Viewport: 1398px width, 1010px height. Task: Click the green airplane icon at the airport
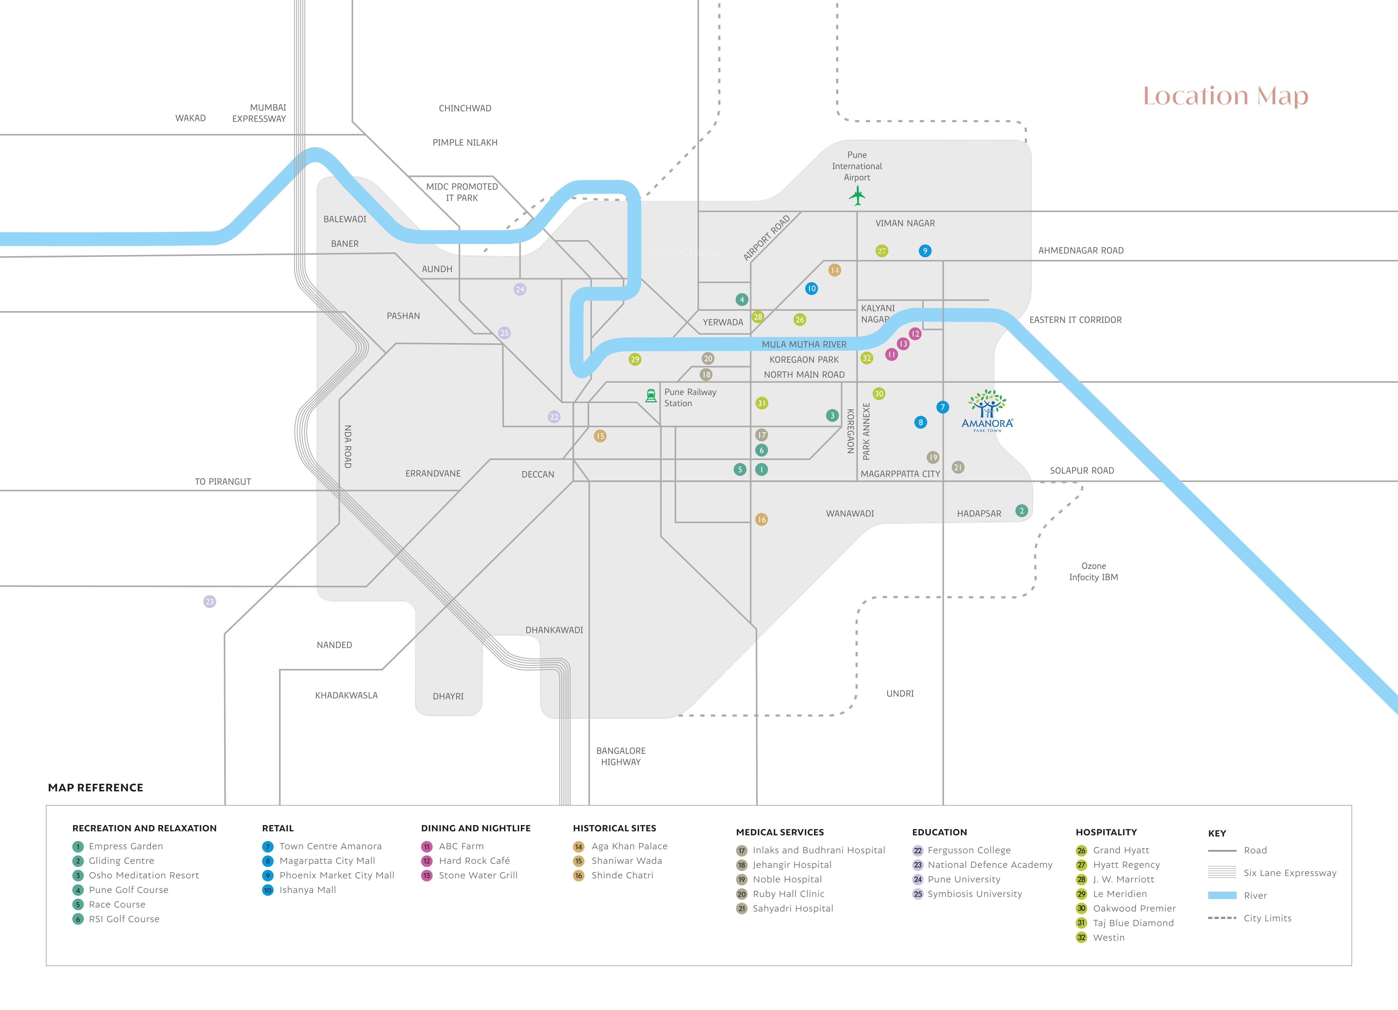tap(857, 196)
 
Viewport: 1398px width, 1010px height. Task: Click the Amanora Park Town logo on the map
tap(987, 410)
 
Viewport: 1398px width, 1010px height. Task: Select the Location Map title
tap(1225, 96)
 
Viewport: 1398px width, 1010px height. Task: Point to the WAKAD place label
tap(191, 118)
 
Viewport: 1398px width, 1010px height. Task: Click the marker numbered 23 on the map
tap(210, 601)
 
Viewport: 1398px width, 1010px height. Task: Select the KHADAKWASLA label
tap(346, 695)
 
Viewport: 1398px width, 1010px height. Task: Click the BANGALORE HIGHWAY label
tap(621, 756)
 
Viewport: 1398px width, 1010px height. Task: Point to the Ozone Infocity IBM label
tap(1094, 572)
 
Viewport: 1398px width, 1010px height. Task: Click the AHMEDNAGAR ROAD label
tap(1081, 250)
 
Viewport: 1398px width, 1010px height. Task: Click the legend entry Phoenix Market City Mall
tap(337, 875)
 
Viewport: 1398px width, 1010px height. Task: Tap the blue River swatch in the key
tap(1222, 895)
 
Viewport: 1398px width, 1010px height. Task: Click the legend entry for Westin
tap(1108, 937)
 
